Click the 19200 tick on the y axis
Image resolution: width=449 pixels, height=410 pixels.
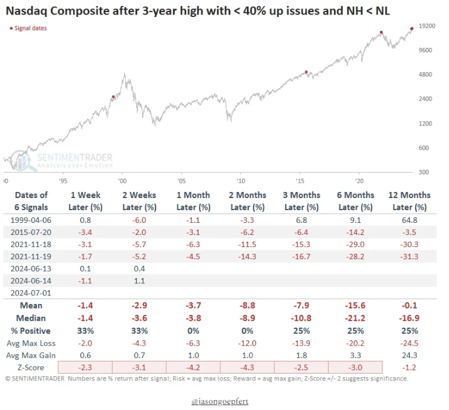point(428,26)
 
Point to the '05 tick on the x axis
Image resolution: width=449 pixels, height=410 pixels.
point(181,180)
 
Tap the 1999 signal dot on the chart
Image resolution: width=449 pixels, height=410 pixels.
point(113,97)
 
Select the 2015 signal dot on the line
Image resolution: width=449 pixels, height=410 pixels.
point(306,72)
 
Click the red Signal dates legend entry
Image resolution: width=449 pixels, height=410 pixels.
point(28,28)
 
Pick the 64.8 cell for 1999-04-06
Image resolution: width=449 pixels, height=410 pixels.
point(410,220)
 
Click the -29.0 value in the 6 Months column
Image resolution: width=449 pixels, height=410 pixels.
point(355,245)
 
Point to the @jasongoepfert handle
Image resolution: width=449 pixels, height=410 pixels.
point(223,401)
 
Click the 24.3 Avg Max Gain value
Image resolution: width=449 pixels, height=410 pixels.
point(410,355)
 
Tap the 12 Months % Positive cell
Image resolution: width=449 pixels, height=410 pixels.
point(410,331)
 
